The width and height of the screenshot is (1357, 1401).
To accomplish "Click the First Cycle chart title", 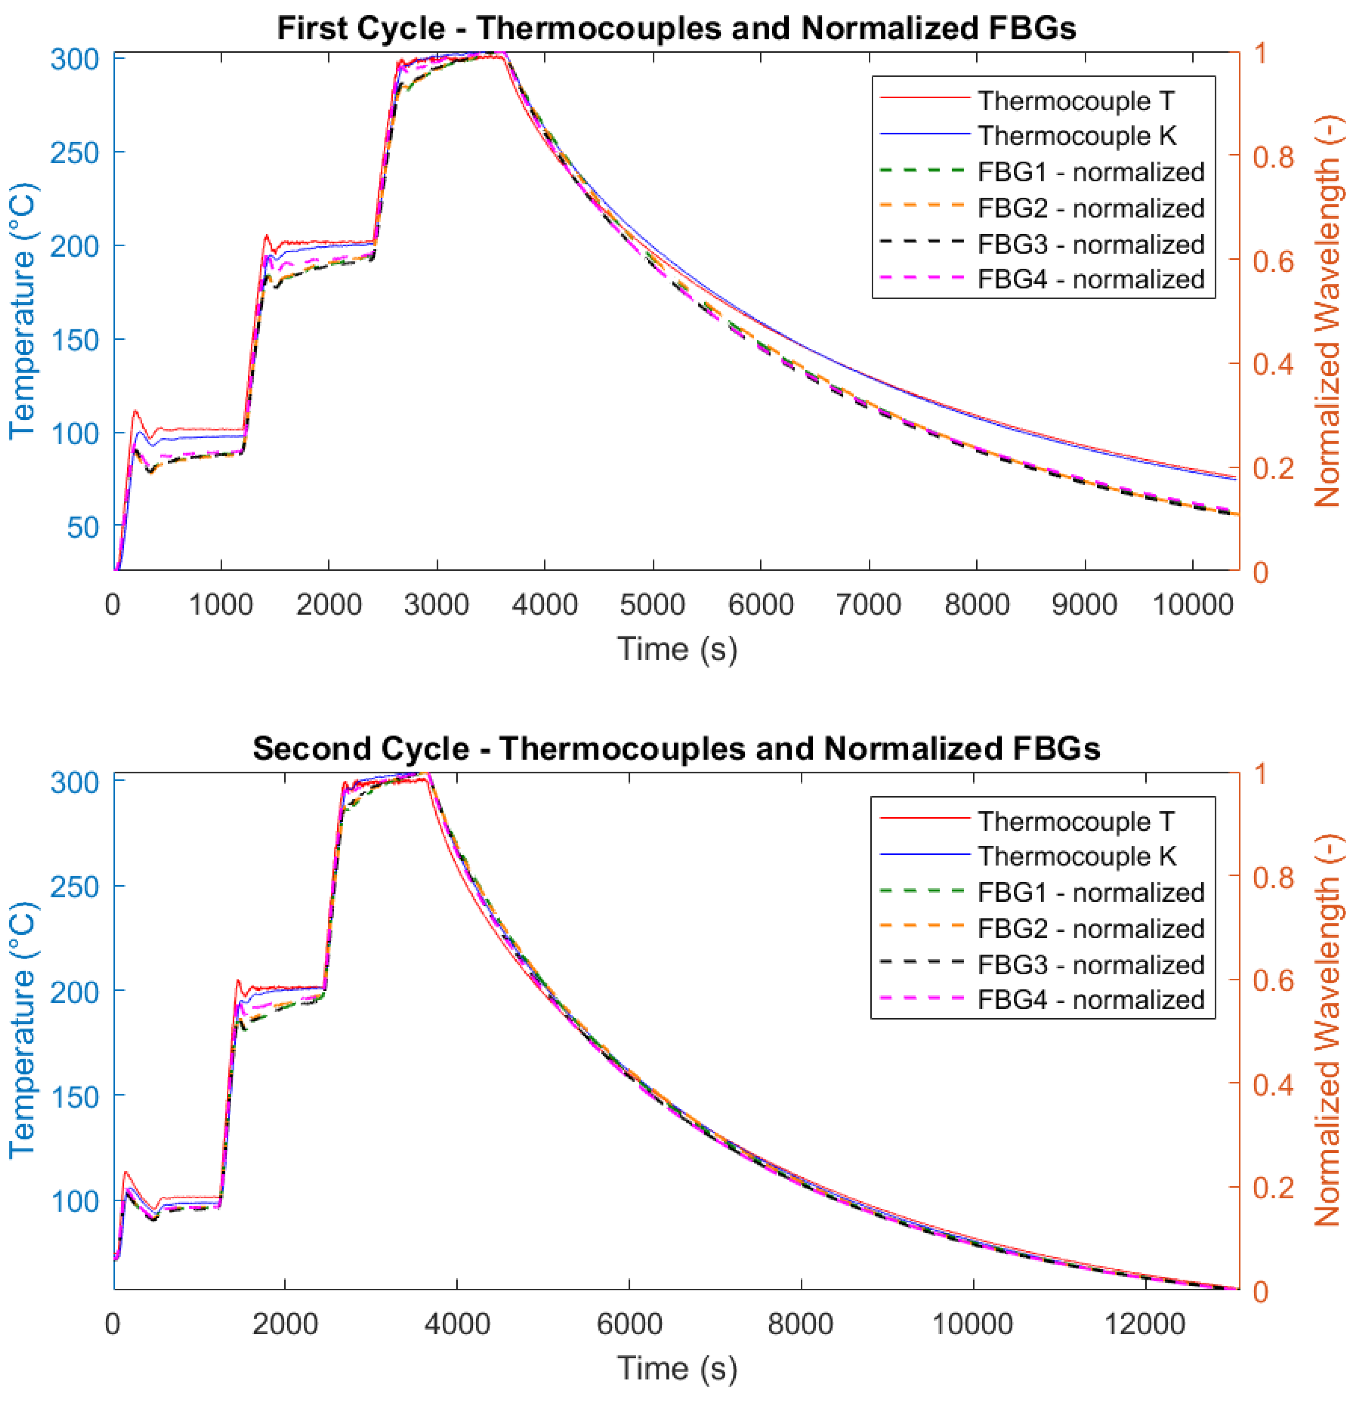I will tap(676, 29).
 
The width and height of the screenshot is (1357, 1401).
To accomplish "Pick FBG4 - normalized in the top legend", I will tap(1090, 279).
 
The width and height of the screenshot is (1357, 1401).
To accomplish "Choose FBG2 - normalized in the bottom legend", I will tap(1090, 929).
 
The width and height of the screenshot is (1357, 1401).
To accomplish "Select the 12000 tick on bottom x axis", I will tap(1145, 1324).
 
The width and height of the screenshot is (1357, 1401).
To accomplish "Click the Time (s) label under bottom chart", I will tap(676, 1368).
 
